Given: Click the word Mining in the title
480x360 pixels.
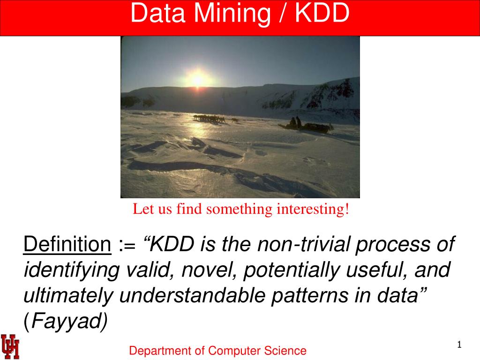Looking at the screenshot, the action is tap(232, 14).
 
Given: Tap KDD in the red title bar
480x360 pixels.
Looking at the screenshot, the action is tap(322, 13).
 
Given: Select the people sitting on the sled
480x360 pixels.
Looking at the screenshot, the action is tap(295, 122).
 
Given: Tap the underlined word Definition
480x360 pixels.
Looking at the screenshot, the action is tap(67, 244).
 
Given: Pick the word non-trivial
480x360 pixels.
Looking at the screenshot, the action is tap(303, 244).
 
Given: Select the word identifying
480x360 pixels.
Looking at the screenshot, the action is tap(72, 270).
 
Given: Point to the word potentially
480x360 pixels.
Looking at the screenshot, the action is tap(292, 270).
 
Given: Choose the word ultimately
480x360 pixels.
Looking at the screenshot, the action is tap(68, 296).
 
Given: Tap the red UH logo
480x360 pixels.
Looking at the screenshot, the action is tap(10, 346).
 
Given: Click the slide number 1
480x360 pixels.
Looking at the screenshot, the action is tap(459, 345).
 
